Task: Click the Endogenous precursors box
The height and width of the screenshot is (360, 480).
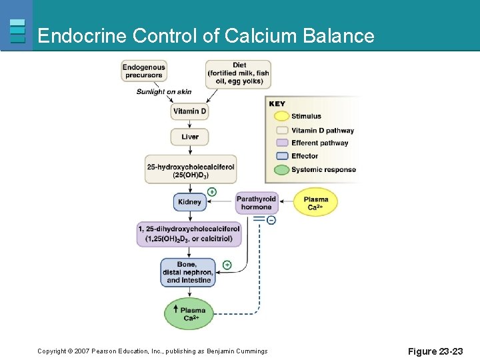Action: [x=143, y=71]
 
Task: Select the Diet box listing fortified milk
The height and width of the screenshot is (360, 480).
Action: [x=238, y=73]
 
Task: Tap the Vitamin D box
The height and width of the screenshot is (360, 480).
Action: [x=190, y=111]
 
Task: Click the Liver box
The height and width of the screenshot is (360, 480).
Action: [x=190, y=137]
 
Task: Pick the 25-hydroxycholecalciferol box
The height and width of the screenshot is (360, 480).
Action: [x=191, y=170]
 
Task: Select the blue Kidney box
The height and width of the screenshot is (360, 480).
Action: [x=190, y=202]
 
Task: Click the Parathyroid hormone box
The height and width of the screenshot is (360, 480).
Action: [x=257, y=203]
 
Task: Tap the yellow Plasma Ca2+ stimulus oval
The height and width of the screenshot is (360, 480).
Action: [x=315, y=203]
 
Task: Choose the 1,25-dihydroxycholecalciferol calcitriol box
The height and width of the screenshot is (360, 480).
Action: [x=189, y=234]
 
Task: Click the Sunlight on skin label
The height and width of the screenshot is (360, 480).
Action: [x=164, y=92]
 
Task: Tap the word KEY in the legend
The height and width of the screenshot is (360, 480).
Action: [x=277, y=103]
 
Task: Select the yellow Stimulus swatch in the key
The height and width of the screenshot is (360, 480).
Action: [x=281, y=117]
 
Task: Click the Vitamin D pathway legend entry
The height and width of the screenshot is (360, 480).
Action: [x=322, y=131]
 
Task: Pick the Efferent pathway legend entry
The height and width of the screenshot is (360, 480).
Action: [x=319, y=143]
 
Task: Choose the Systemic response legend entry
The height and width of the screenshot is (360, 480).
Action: [x=323, y=170]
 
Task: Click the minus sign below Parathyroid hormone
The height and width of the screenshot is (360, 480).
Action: [x=271, y=220]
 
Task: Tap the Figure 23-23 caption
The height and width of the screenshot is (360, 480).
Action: [x=434, y=351]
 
